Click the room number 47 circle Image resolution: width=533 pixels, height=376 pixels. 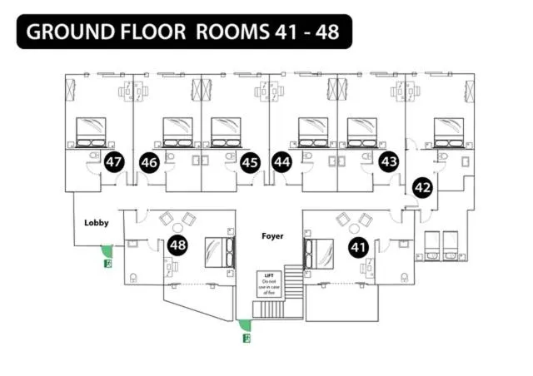114,162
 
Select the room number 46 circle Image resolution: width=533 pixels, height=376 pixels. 150,162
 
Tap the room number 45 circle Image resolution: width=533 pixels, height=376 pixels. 250,162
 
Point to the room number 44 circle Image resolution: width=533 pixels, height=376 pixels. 282,162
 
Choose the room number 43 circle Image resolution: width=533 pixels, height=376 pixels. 388,162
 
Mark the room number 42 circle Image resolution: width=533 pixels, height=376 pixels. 422,188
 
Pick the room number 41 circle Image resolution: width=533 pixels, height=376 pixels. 358,246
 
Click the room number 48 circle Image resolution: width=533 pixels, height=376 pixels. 177,245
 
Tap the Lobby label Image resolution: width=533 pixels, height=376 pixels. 97,223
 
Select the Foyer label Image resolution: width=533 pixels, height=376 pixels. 271,236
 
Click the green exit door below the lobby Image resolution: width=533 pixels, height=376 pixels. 106,250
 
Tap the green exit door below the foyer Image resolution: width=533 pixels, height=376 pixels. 244,325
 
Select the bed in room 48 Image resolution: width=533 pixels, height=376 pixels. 220,251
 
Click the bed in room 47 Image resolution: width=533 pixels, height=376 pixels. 92,131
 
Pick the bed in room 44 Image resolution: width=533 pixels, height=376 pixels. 313,131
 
